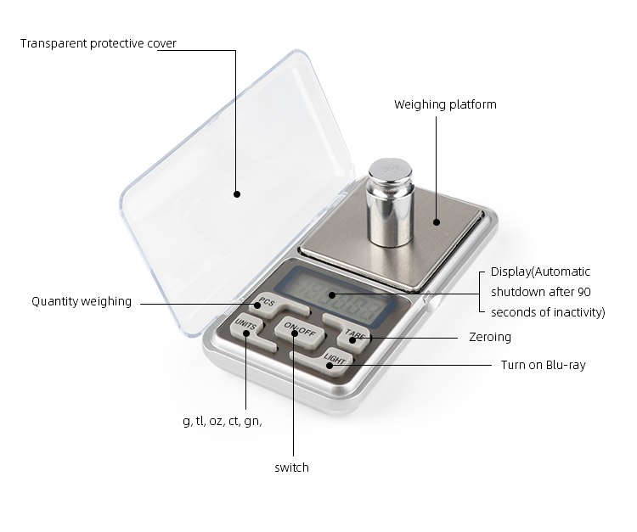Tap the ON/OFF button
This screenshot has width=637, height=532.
point(300,332)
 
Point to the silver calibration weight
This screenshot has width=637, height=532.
point(390,202)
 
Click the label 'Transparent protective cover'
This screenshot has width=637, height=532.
point(99,43)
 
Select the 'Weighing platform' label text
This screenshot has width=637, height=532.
point(445,104)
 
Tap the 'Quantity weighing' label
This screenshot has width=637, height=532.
point(82,301)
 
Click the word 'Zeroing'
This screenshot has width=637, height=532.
point(490,337)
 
